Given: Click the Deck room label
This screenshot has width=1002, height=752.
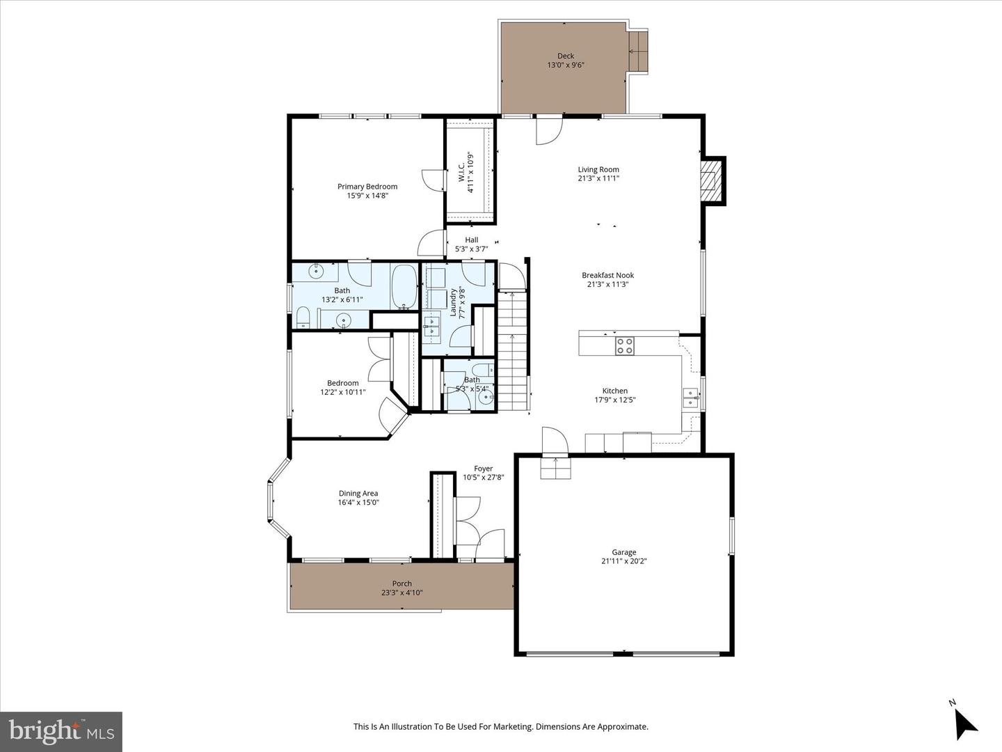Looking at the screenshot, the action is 565,56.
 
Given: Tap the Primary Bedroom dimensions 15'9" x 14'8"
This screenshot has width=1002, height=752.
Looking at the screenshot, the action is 367,196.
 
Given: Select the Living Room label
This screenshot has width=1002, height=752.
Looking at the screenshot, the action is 598,169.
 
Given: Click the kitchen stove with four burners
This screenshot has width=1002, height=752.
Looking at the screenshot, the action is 624,345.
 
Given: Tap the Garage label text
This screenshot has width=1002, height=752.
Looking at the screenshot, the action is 624,552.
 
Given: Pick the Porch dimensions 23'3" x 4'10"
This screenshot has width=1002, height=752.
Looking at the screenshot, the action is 402,593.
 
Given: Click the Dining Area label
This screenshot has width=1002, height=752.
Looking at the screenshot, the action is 358,493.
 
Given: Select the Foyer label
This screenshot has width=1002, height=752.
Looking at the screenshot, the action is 484,469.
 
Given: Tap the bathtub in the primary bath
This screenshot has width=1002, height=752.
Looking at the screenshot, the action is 404,287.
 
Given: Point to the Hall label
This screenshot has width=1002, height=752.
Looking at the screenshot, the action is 472,240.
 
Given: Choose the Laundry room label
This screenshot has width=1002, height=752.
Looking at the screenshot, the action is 453,301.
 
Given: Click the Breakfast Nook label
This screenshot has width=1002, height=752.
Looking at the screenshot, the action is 607,275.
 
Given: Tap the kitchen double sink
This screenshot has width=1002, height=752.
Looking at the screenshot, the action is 690,398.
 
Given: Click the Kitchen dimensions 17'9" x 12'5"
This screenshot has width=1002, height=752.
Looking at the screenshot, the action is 615,400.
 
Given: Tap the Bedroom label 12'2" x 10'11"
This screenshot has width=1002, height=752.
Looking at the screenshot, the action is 343,387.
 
